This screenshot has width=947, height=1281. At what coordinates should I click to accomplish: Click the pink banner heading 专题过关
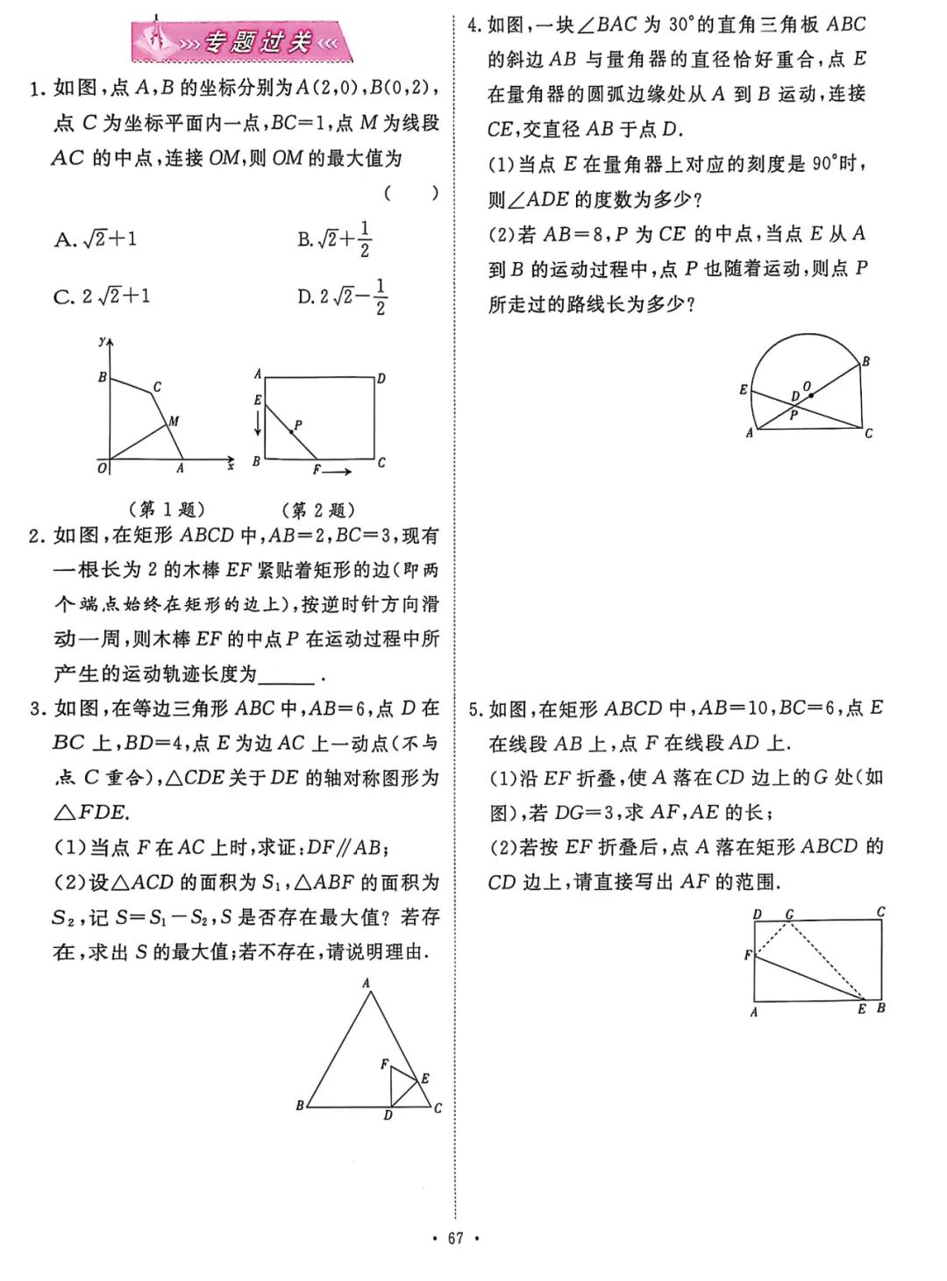coord(244,42)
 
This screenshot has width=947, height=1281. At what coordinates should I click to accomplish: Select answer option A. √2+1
coord(96,239)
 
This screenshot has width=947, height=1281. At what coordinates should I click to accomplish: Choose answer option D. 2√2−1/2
coord(342,296)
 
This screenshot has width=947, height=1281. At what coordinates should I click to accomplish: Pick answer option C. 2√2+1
coord(102,296)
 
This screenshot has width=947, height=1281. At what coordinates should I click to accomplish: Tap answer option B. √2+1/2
coord(334,239)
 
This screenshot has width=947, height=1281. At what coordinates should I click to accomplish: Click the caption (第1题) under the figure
coord(167,509)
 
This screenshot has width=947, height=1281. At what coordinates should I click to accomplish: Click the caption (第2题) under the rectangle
coord(318,509)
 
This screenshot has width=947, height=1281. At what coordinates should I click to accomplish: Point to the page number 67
coord(455,1238)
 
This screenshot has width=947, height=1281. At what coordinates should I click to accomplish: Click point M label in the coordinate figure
coord(174,422)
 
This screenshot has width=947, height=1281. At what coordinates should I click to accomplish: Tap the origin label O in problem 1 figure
coord(102,469)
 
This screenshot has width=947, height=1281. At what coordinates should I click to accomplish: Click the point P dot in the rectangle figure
coord(291,431)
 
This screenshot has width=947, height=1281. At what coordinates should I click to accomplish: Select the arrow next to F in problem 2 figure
coord(338,472)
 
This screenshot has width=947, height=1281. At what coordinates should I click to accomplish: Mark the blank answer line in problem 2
coord(288,675)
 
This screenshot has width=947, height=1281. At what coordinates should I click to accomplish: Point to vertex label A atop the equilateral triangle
coord(367,983)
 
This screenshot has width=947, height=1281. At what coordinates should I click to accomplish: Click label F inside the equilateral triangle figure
coord(383,1064)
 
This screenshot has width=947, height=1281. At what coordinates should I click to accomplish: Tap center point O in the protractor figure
coord(808,387)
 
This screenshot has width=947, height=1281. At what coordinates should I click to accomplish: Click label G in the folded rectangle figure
coord(789,914)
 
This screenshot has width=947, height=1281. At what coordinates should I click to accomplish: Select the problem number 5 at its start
coord(473,709)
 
